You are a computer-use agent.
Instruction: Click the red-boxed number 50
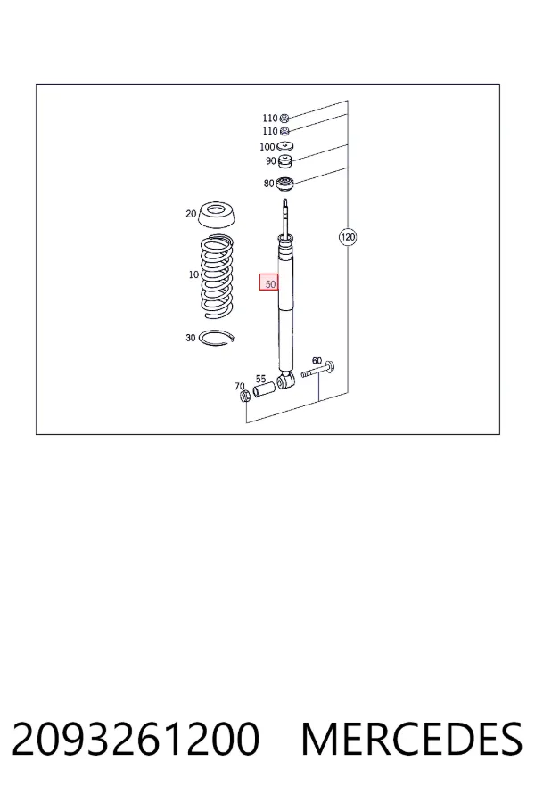point(268,282)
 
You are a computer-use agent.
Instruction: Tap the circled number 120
point(348,237)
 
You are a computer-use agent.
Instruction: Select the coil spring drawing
point(216,277)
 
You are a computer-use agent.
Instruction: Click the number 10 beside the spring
point(193,274)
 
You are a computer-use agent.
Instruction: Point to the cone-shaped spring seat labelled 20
point(217,216)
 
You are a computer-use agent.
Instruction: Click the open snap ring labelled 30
point(217,338)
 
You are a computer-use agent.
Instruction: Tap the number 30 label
point(191,338)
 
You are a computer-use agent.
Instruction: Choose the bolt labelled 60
point(318,369)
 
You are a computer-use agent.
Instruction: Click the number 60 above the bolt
point(317,361)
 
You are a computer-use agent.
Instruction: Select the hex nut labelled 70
point(244,396)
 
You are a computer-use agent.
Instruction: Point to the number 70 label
point(240,386)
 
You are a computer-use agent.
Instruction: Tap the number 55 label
point(260,379)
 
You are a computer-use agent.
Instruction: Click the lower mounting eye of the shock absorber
point(286,381)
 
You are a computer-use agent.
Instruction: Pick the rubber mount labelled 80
point(284,184)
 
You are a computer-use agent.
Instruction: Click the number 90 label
point(271,161)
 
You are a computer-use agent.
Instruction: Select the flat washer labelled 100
point(284,147)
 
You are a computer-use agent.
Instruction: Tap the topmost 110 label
point(270,119)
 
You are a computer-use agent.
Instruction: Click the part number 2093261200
point(136,739)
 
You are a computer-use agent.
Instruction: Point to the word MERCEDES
point(412,739)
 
